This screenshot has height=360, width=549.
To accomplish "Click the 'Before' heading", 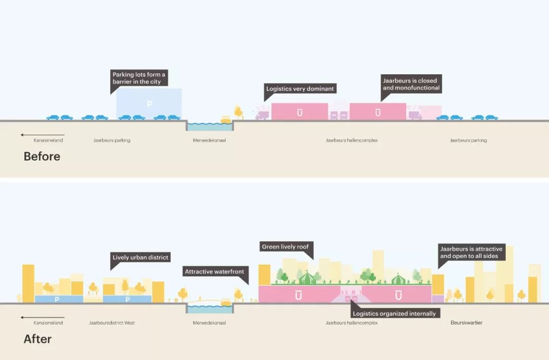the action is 42,156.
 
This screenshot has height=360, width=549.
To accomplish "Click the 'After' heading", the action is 38,339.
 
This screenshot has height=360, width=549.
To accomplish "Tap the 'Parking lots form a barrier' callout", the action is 139,78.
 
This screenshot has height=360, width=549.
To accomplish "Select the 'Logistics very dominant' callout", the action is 300,88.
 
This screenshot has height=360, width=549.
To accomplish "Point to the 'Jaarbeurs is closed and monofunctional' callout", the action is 411,84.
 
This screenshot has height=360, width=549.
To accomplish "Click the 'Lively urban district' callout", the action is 140,257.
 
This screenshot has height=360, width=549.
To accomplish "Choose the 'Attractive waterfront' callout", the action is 215,272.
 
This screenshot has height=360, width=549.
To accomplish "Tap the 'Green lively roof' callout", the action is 285,247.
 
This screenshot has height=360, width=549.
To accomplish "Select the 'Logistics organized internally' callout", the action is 394,313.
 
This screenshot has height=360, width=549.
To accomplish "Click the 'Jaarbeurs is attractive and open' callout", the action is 471,253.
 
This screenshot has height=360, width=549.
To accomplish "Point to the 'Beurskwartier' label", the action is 466,322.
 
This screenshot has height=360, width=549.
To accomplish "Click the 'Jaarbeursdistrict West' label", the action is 112,322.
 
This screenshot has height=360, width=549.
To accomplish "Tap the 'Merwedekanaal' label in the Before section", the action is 209,140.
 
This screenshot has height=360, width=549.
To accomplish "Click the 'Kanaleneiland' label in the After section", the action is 48,322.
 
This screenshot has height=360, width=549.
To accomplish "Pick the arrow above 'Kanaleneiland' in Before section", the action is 42,135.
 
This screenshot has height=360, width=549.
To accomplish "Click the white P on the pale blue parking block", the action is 149,104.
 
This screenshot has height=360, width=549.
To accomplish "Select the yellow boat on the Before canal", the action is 226,120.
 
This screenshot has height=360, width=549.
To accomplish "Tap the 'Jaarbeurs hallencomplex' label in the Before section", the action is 352,140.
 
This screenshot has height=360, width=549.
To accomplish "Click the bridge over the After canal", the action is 209,302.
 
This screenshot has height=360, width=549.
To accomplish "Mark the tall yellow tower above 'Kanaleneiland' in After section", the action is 28,283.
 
